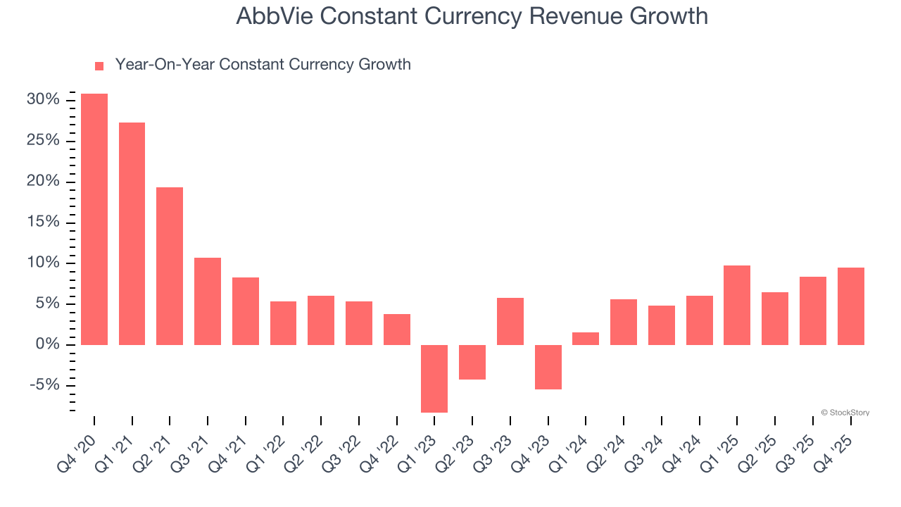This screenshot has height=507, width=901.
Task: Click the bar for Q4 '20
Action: (94, 219)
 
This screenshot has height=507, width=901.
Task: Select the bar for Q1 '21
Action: (132, 234)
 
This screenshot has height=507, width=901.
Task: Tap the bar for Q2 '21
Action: (170, 266)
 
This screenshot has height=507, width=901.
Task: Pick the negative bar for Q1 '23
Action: (434, 378)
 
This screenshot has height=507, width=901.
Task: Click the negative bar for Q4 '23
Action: (548, 367)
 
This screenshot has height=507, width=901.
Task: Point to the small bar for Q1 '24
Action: (586, 339)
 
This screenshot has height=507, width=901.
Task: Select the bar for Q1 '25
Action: (737, 305)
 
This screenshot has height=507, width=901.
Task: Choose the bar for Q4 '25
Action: (850, 306)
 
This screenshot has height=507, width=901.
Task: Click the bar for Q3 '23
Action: (510, 321)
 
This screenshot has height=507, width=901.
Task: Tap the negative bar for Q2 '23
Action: (472, 362)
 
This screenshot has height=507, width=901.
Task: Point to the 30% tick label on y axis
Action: (43, 100)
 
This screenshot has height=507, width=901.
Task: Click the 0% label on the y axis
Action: (47, 344)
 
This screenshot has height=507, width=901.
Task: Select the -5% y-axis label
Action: (44, 385)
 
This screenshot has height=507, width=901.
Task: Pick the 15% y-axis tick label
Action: (43, 223)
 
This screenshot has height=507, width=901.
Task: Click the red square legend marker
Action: (99, 65)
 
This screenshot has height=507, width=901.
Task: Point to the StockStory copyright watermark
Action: (845, 413)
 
